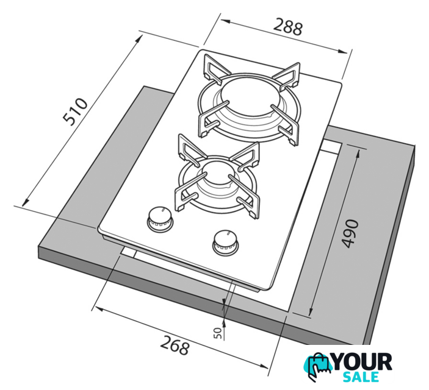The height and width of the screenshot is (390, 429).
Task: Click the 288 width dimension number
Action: tap(288, 27)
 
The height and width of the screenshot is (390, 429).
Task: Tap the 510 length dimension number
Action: tap(75, 112)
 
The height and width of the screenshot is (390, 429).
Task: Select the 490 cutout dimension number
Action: tap(350, 233)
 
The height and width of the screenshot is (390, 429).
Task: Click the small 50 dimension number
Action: tap(218, 333)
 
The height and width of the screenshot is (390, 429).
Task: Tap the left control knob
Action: tap(160, 219)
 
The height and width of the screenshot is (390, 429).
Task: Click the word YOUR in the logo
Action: tap(362, 362)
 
